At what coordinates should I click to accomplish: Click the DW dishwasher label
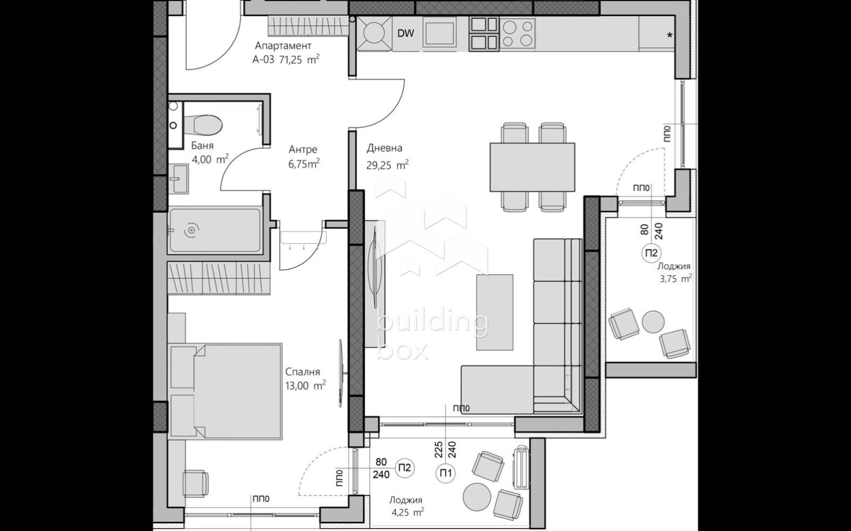[x=406, y=34]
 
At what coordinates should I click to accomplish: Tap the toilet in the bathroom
[x=207, y=126]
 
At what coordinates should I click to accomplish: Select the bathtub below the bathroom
[x=214, y=230]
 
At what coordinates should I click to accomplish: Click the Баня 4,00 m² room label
[x=210, y=153]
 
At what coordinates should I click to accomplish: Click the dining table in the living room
[x=532, y=167]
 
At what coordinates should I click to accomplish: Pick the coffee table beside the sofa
[x=495, y=312]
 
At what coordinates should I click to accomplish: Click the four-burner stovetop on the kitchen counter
[x=518, y=33]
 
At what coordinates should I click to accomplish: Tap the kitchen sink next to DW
[x=440, y=33]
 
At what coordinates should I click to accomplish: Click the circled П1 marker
[x=445, y=473]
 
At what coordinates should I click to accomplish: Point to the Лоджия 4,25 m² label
[x=406, y=506]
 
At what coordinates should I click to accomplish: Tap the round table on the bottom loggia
[x=477, y=497]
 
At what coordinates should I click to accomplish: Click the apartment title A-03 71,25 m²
[x=286, y=53]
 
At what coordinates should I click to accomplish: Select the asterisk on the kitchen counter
[x=670, y=36]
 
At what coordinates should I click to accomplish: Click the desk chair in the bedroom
[x=195, y=483]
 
